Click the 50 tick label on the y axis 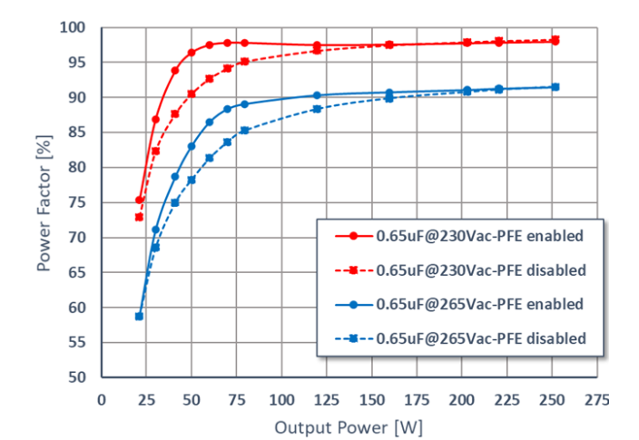click(x=81, y=377)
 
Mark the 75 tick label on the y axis click(x=81, y=202)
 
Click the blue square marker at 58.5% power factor click(x=139, y=316)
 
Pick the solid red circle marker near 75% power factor click(x=139, y=200)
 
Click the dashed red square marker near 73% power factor click(x=139, y=217)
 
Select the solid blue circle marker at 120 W click(x=317, y=95)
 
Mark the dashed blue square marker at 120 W click(x=317, y=109)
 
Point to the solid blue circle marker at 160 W click(x=389, y=93)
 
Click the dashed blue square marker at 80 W click(x=244, y=130)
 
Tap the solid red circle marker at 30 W click(x=155, y=120)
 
